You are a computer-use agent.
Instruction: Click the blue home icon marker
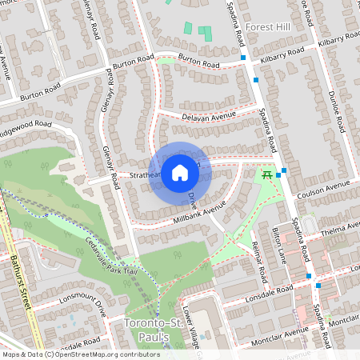click(180, 172)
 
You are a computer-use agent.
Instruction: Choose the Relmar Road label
click(258, 261)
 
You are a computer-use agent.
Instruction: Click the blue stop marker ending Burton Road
click(242, 58)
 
